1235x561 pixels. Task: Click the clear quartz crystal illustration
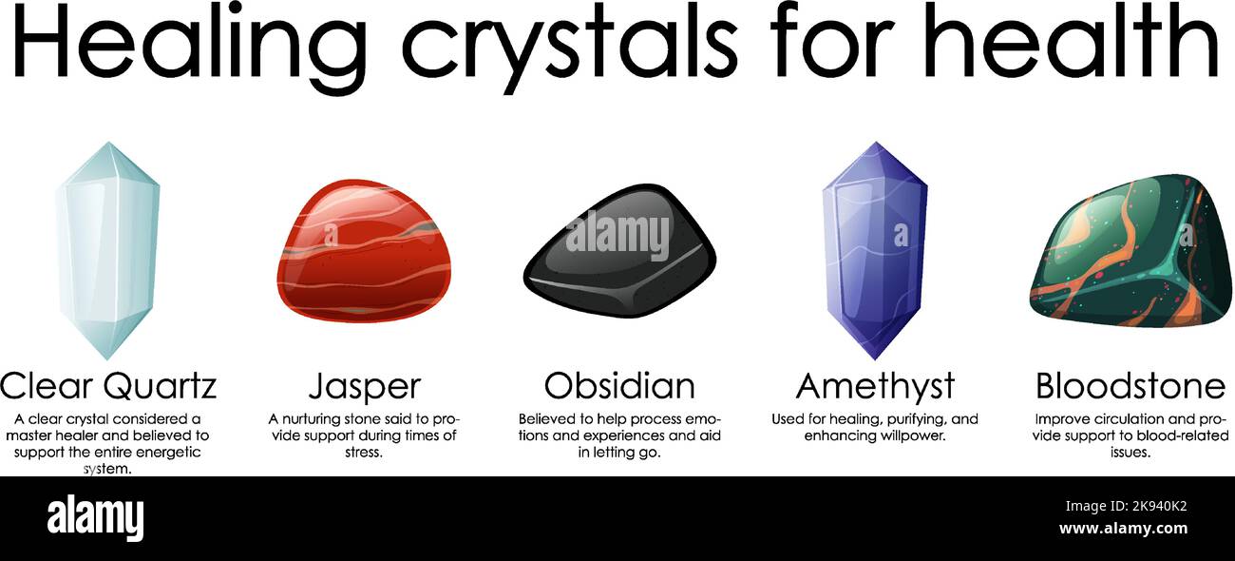[x=106, y=250]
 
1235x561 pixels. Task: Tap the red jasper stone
[x=365, y=252]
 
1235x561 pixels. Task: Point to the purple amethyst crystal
[x=874, y=250]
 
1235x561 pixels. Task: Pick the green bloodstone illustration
[x=1130, y=252]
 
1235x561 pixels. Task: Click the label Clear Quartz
[x=108, y=386]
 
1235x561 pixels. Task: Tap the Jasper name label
[x=364, y=386]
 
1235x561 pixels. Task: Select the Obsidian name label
[x=619, y=386]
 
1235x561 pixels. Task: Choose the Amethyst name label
[x=874, y=386]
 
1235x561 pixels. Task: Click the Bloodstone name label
[x=1130, y=386]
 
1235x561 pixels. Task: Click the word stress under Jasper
[x=363, y=453]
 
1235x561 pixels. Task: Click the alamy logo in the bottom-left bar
[x=95, y=516]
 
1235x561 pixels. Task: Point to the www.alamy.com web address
[x=1123, y=529]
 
